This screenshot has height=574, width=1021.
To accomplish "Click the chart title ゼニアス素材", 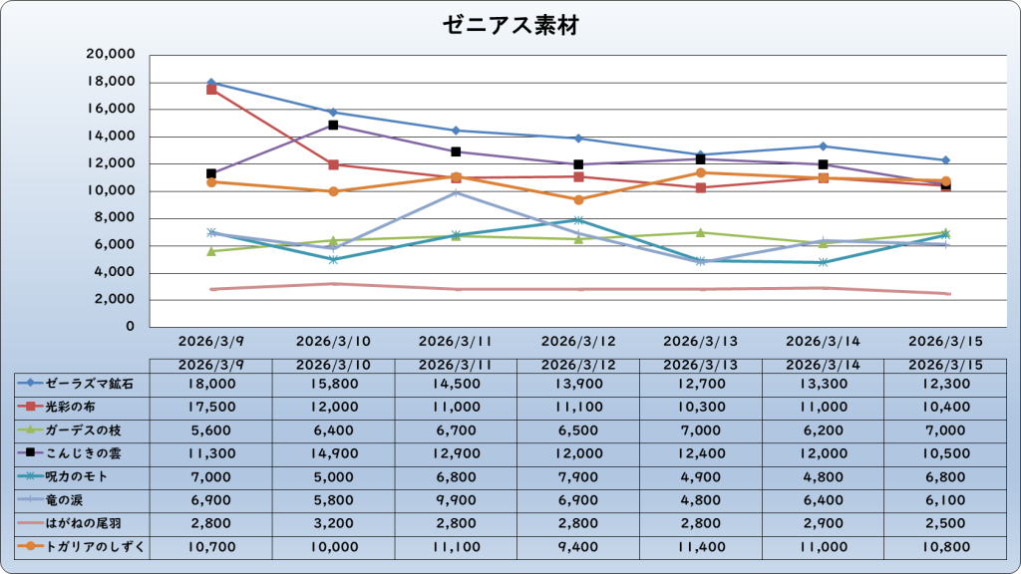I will pos(510,26).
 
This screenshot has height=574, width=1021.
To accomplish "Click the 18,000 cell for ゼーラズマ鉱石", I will pos(211,384).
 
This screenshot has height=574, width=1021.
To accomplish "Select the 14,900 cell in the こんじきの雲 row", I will pos(334,453).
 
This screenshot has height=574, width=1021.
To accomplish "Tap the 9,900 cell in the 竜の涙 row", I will pos(456,500).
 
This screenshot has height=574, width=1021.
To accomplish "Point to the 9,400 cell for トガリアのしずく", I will pos(578,547).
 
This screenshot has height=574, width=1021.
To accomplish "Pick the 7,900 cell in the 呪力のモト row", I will pos(578,476).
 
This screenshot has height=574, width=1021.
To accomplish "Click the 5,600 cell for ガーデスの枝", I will pos(211,430).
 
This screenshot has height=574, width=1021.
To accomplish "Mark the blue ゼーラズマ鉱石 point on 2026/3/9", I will pos(211,83).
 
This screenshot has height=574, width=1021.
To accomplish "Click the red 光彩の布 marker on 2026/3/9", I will pos(211,90).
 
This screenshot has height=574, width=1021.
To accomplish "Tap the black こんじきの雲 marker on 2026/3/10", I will pos(334,125).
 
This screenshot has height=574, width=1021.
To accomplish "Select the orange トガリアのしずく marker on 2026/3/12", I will pos(578,199).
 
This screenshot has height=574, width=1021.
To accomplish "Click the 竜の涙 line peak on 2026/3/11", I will pos(456,192).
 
